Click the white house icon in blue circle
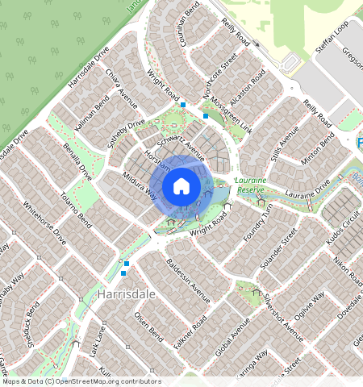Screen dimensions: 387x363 tap(181, 186)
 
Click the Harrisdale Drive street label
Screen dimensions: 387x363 tap(89, 66)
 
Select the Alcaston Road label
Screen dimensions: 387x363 tap(245, 88)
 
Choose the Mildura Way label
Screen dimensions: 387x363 tap(140, 184)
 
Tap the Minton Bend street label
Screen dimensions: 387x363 tap(317, 153)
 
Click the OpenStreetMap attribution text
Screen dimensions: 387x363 tap(81, 381)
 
